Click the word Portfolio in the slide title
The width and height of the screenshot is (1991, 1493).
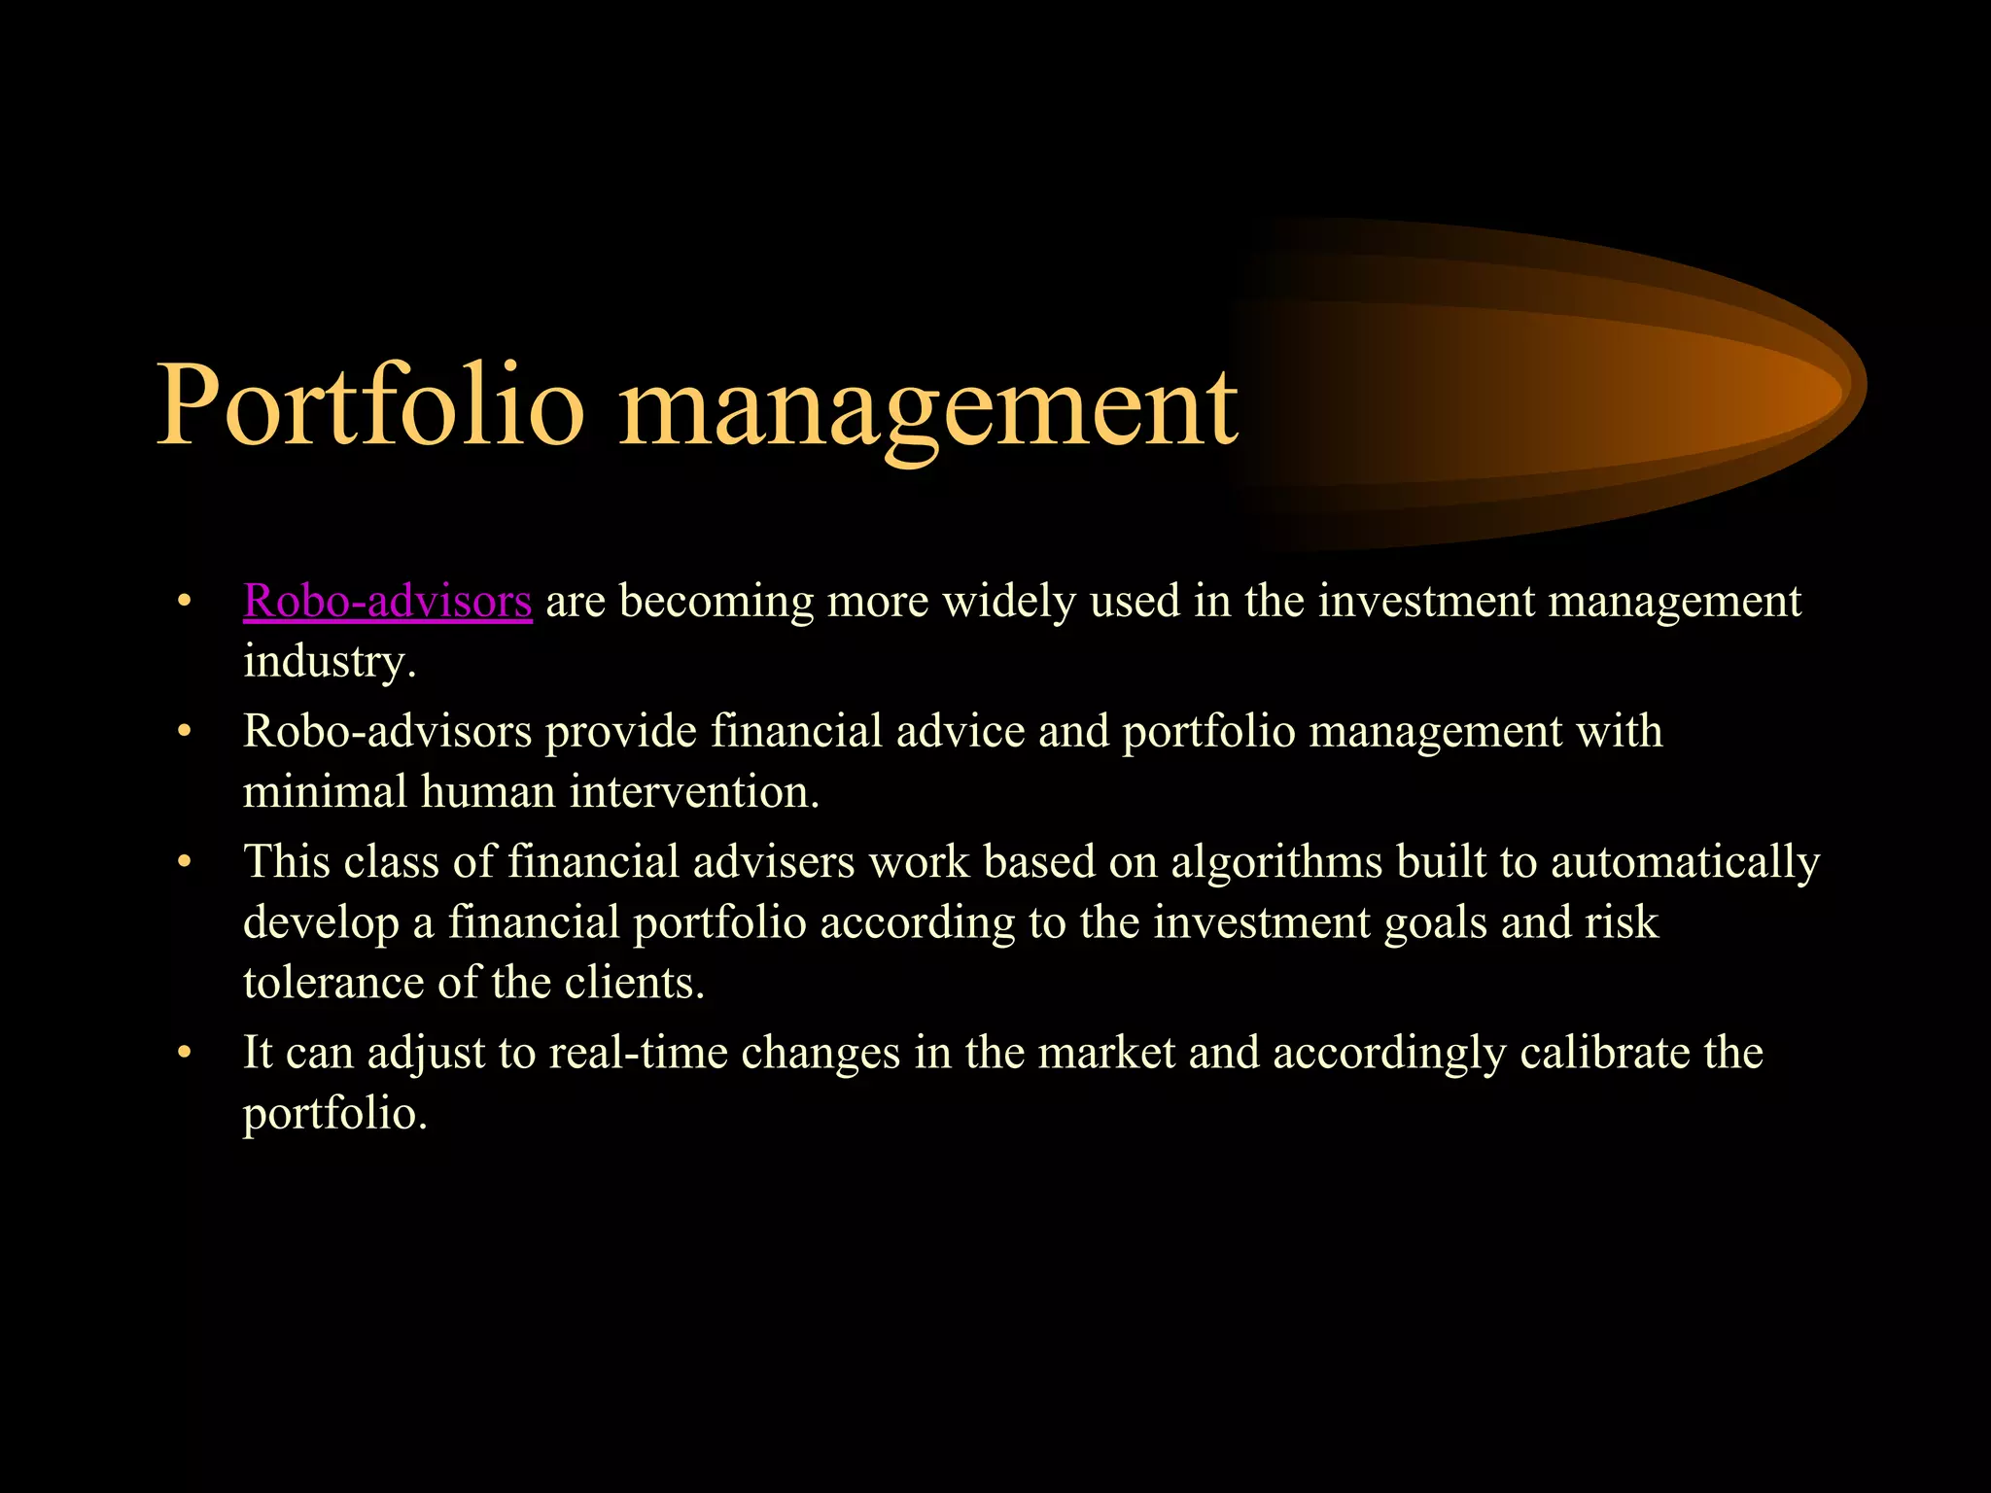click(x=369, y=406)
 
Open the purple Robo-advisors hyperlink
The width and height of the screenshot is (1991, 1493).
click(x=387, y=601)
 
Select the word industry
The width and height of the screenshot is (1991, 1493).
click(x=329, y=663)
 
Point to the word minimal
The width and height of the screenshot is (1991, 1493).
click(x=325, y=791)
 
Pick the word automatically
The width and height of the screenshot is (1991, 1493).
click(x=1685, y=861)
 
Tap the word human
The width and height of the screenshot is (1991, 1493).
click(x=495, y=791)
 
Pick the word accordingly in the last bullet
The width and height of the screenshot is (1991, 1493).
click(x=1388, y=1053)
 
